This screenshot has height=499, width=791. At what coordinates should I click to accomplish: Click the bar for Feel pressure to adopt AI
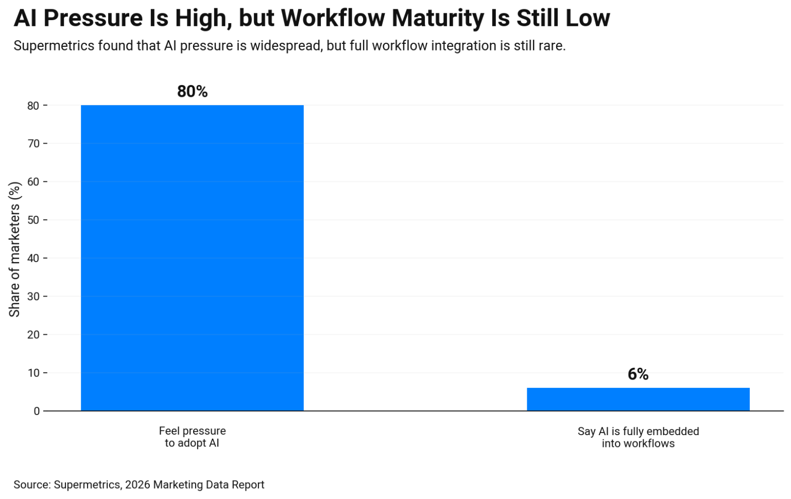(x=192, y=257)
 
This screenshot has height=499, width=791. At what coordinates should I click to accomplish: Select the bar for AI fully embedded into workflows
(x=638, y=399)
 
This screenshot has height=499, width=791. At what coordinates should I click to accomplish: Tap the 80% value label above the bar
(x=192, y=91)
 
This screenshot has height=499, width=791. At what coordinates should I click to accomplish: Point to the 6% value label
(x=638, y=374)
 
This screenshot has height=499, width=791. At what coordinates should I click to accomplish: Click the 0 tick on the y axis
(x=37, y=411)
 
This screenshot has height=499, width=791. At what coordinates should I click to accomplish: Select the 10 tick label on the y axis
(x=33, y=373)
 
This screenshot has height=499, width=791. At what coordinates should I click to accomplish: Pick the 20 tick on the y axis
(x=33, y=335)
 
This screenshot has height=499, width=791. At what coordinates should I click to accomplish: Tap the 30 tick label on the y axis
(x=33, y=297)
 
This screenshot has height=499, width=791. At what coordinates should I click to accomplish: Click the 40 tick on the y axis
(x=33, y=258)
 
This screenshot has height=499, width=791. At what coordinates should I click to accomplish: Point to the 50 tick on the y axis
(x=33, y=220)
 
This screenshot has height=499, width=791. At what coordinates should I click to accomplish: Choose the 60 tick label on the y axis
(x=33, y=182)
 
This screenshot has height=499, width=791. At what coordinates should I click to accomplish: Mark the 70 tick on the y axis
(x=33, y=144)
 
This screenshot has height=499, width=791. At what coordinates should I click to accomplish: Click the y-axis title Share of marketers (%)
(x=14, y=249)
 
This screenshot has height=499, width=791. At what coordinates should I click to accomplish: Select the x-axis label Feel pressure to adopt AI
(x=192, y=437)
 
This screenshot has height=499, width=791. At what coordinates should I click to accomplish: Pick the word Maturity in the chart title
(x=437, y=18)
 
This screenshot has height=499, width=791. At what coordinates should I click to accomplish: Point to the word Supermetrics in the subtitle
(x=54, y=46)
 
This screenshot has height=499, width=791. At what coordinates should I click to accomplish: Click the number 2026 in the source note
(x=137, y=485)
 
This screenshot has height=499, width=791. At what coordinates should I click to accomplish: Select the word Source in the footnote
(x=31, y=485)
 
